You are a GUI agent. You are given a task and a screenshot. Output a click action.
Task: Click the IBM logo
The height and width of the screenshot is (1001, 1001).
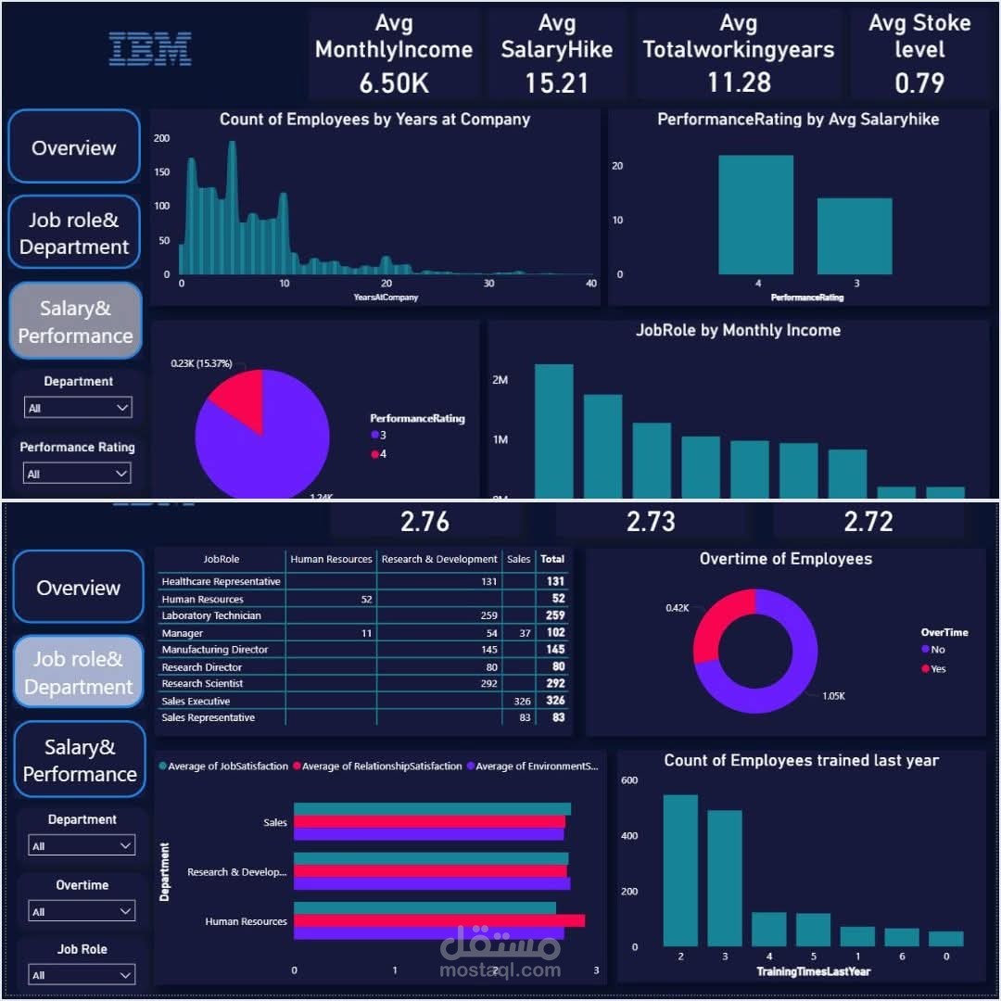click(150, 49)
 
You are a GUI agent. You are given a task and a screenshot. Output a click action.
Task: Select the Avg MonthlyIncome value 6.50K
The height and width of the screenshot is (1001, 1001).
click(394, 82)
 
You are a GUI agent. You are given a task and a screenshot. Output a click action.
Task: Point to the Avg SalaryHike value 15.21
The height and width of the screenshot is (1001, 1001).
click(556, 82)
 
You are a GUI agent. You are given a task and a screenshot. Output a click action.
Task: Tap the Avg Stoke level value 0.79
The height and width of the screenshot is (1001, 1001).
click(919, 82)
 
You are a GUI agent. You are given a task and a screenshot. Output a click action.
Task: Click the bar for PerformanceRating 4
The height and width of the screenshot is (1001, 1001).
click(755, 215)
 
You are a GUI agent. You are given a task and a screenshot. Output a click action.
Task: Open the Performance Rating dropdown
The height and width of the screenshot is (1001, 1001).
click(78, 474)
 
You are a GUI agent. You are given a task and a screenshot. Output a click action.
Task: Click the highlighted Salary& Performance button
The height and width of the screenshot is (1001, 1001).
click(75, 322)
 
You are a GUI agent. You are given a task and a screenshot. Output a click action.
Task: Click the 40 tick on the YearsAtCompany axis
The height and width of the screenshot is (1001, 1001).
click(590, 284)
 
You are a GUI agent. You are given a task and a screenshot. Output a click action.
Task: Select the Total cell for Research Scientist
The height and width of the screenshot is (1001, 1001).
click(552, 684)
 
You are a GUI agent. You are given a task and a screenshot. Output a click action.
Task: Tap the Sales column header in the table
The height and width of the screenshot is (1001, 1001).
click(518, 559)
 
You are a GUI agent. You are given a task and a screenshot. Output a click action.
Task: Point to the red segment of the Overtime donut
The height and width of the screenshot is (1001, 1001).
click(718, 621)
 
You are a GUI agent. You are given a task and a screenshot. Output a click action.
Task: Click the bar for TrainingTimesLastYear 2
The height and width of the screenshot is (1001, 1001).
click(680, 870)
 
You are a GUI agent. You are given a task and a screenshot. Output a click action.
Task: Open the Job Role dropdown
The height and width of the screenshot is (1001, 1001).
click(82, 975)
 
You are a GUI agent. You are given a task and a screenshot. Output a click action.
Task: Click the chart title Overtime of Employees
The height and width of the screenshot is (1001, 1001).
click(785, 559)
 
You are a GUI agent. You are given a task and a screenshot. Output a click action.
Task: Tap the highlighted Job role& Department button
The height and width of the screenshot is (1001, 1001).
click(79, 673)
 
